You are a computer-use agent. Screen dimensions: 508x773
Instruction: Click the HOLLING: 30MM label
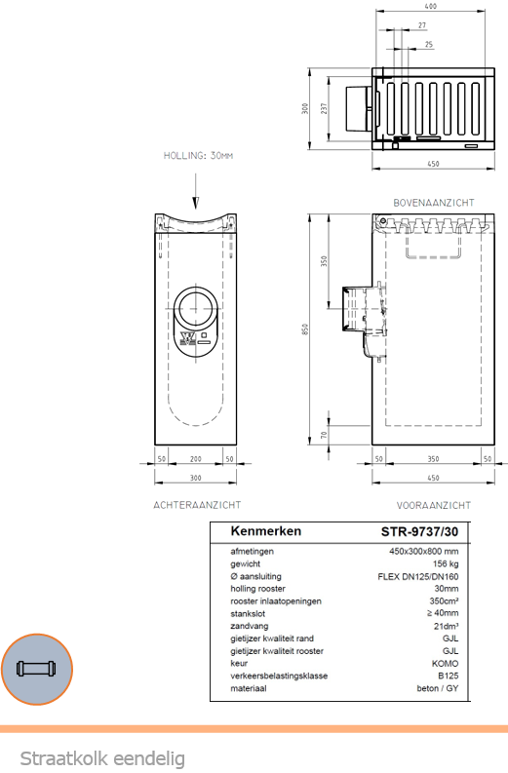click(x=198, y=156)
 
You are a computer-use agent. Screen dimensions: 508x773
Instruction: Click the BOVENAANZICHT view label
click(x=434, y=203)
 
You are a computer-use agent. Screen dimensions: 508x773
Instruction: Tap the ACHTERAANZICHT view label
click(x=197, y=505)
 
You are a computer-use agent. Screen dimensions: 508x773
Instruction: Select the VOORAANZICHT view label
click(x=434, y=505)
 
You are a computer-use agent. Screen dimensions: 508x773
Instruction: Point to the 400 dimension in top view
click(x=431, y=7)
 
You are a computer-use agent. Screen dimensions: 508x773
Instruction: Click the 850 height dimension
click(x=305, y=329)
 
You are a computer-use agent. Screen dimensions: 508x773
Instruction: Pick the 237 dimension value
click(x=324, y=108)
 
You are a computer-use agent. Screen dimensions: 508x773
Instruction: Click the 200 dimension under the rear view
click(x=196, y=459)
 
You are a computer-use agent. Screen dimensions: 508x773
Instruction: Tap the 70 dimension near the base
click(x=324, y=435)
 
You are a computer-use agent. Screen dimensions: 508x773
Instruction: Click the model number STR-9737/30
click(x=419, y=531)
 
